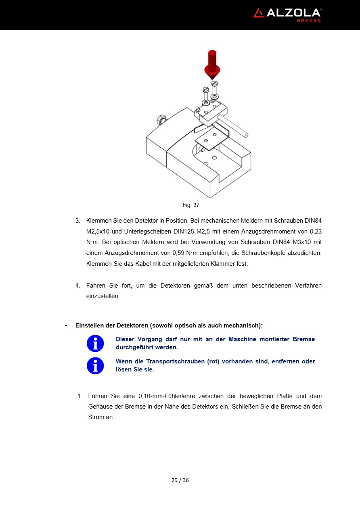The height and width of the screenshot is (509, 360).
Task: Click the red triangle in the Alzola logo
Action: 258,13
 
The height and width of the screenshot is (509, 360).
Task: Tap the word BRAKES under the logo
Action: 309,21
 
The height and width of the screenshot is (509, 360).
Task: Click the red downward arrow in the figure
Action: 212,65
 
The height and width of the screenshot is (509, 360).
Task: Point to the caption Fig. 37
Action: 191,205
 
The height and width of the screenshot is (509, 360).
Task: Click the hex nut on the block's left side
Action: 160,120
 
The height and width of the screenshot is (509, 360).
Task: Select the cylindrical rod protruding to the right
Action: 233,125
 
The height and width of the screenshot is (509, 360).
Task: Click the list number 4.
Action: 77,286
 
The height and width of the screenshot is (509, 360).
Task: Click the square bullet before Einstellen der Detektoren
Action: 65,325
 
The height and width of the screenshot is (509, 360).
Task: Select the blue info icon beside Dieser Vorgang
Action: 95,344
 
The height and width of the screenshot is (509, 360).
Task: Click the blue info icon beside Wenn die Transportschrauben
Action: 95,366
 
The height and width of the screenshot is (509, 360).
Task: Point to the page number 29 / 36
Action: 180,480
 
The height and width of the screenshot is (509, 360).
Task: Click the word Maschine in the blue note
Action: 242,339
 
